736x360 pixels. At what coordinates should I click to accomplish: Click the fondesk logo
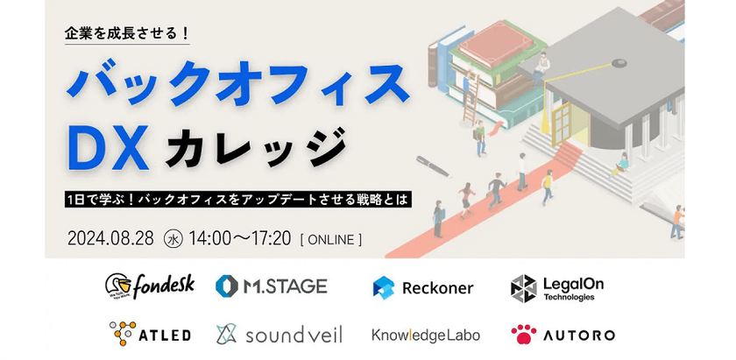149,286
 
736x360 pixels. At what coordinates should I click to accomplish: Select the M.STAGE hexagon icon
226,286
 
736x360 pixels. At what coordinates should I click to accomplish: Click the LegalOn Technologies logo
556,286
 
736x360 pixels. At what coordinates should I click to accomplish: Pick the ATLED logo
149,334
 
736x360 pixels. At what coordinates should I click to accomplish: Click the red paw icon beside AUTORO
523,334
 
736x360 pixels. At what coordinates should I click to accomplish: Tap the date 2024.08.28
110,237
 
